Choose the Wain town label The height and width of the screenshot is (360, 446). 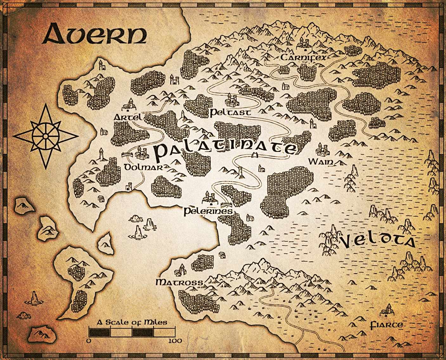321,162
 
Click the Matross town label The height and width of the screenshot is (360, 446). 179,282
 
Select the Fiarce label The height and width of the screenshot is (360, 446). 387,325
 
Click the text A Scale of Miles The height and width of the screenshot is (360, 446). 132,323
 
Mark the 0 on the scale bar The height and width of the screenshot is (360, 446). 89,341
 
